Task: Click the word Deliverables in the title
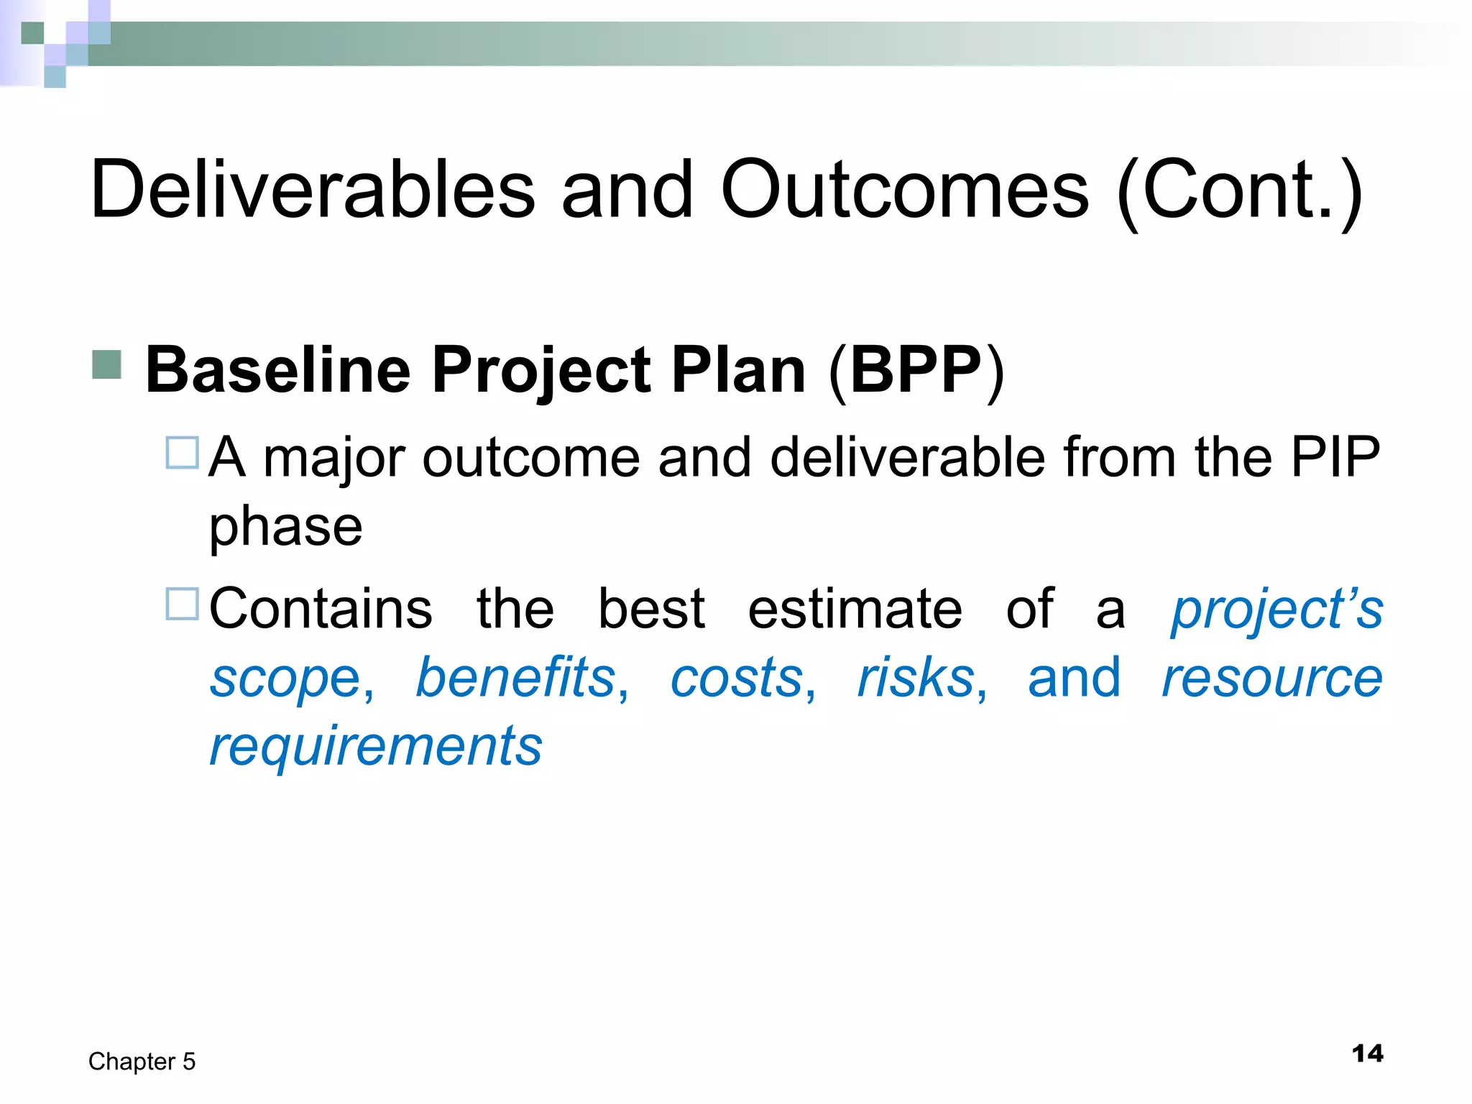pos(313,189)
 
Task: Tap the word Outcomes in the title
pos(904,189)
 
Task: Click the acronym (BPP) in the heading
pos(916,371)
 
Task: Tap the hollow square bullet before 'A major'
pos(182,453)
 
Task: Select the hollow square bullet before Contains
pos(182,604)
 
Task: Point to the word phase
pos(285,528)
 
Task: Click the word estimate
pos(855,609)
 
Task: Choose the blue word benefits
pos(516,678)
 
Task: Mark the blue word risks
pos(916,678)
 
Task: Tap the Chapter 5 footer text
pos(142,1062)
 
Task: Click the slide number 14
pos(1367,1054)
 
